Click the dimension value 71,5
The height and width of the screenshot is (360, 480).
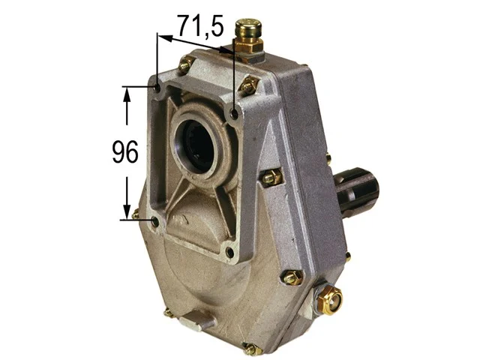click(200, 26)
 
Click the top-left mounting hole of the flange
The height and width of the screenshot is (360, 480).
click(157, 88)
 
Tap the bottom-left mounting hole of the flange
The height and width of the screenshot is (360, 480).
click(154, 221)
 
